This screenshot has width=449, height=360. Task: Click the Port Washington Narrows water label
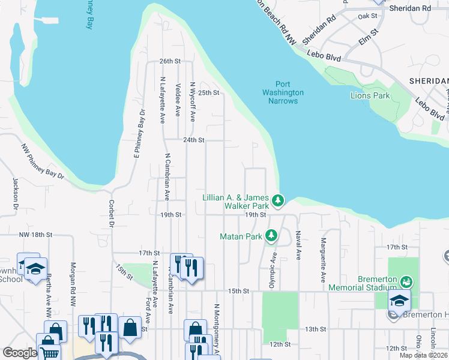[283, 92]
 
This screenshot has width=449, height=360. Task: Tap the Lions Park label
[370, 95]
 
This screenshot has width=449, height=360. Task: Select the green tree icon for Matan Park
[271, 236]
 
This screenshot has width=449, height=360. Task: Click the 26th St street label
[170, 61]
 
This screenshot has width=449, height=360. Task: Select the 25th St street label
[209, 92]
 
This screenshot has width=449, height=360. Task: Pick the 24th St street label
[194, 140]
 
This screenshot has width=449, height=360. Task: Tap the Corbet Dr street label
[112, 214]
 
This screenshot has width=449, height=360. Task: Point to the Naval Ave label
[298, 246]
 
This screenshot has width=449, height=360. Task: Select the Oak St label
[367, 16]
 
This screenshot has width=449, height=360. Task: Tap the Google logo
[20, 353]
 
